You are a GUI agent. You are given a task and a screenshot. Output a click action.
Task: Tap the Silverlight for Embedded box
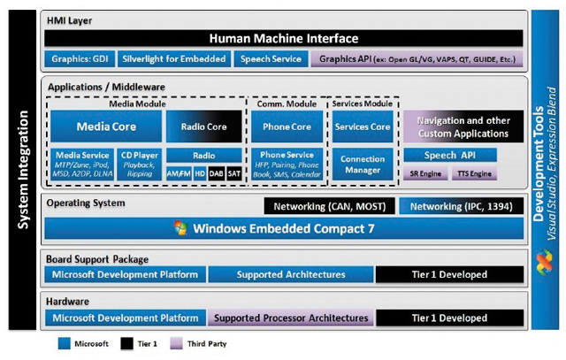tap(173, 59)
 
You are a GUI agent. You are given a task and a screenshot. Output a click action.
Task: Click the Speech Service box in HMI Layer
tap(270, 59)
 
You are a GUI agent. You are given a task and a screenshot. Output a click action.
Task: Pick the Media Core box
tap(106, 126)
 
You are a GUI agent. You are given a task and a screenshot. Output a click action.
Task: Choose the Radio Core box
tap(203, 126)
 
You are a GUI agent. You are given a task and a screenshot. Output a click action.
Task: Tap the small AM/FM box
tap(179, 173)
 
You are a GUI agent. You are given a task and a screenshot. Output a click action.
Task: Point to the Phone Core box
tap(287, 126)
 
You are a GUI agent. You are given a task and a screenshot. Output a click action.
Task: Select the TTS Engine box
tap(474, 174)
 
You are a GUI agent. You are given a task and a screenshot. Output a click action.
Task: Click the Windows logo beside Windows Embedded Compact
tap(181, 229)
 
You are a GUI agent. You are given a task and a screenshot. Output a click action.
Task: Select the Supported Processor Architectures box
tap(290, 318)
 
